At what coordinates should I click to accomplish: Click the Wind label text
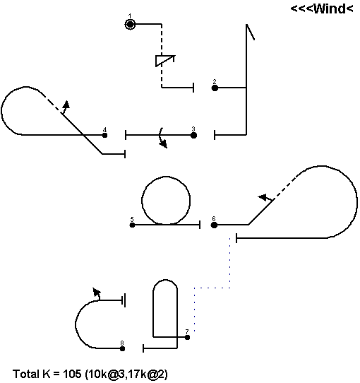click(x=322, y=9)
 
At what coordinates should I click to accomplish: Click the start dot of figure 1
click(x=130, y=25)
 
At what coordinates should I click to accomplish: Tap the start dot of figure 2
click(x=215, y=88)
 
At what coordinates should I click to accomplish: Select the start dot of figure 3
click(x=193, y=135)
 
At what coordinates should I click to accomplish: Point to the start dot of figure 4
click(x=104, y=135)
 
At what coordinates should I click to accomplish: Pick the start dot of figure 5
click(x=132, y=225)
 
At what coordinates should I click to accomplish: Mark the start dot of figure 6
click(x=214, y=225)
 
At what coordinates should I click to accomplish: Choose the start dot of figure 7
click(x=187, y=337)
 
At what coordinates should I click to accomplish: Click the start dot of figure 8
click(x=123, y=348)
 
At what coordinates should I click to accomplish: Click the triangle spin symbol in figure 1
click(x=165, y=61)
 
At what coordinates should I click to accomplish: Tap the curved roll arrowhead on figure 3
click(x=164, y=144)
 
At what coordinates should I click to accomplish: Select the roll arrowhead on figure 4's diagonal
click(x=66, y=105)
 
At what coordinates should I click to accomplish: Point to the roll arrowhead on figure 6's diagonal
click(x=263, y=197)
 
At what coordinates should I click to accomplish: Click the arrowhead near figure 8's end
click(x=97, y=292)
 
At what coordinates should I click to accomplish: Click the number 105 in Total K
click(x=72, y=374)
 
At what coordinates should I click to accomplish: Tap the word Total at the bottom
click(x=26, y=374)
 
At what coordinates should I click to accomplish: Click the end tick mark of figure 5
click(x=200, y=225)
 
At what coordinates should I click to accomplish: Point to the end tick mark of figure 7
click(x=143, y=348)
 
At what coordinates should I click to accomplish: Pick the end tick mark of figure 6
click(x=236, y=238)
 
